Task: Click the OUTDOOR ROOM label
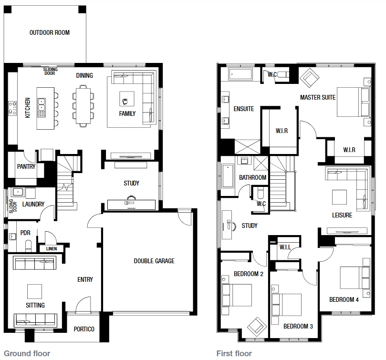point(50,32)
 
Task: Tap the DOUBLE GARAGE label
point(154,261)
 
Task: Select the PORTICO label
point(84,329)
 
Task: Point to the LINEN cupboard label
point(52,249)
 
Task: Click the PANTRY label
point(26,166)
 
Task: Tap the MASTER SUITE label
point(318,97)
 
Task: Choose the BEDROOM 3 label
point(298,326)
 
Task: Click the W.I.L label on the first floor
point(285,247)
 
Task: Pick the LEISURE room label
point(342,215)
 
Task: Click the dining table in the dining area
point(83,106)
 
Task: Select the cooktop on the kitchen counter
point(12,109)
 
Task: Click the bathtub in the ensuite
point(240,74)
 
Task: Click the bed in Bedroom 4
point(355,278)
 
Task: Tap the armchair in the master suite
point(310,78)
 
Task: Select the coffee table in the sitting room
point(34,291)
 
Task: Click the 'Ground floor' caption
point(27,354)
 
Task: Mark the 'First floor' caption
point(234,354)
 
